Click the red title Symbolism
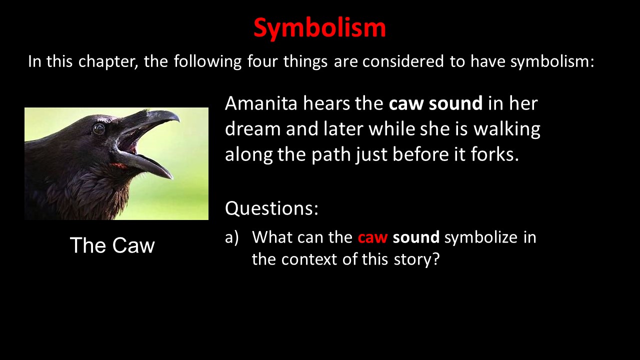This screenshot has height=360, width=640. [319, 28]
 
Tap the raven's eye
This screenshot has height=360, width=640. [99, 129]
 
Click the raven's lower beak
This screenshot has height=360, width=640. [145, 165]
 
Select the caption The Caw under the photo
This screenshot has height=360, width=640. [112, 245]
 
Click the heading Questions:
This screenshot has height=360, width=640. [271, 208]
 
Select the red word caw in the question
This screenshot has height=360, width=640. [372, 237]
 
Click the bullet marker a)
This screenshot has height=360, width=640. [231, 237]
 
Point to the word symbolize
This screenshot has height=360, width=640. [481, 237]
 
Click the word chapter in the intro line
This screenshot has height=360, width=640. [107, 61]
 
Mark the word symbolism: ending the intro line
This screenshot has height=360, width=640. [552, 61]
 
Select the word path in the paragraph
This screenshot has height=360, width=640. [331, 154]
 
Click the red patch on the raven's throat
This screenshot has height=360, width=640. [119, 165]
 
